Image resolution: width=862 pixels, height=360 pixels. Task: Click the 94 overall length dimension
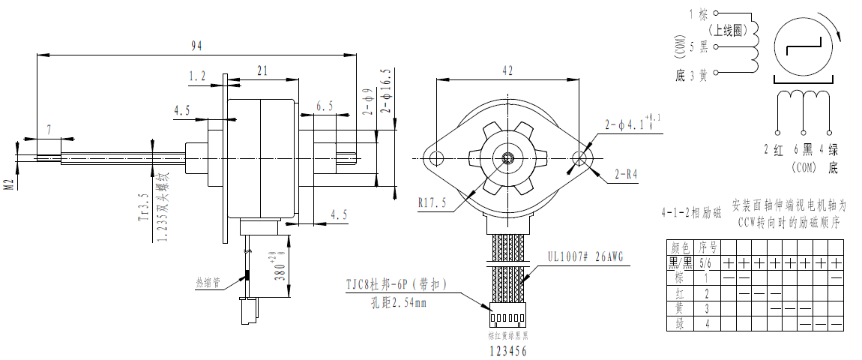(196, 46)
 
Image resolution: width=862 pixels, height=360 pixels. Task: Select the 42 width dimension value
(507, 70)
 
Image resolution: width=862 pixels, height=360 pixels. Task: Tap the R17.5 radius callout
(432, 202)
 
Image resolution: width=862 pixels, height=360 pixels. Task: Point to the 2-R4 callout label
(625, 175)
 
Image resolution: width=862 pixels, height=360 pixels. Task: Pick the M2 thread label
(9, 185)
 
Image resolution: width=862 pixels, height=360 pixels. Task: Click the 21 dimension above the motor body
(262, 71)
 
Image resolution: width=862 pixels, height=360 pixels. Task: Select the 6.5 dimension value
(325, 106)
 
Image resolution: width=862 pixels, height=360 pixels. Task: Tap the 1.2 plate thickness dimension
(197, 76)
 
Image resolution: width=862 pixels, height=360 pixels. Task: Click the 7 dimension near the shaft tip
(49, 130)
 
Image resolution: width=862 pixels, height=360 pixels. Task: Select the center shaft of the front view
(508, 158)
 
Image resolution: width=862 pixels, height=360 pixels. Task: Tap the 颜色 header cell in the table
(680, 247)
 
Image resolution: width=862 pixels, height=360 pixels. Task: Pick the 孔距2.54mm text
(399, 303)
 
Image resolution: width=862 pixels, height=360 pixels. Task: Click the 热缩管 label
(208, 282)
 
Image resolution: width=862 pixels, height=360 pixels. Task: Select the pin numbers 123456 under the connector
(508, 350)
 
